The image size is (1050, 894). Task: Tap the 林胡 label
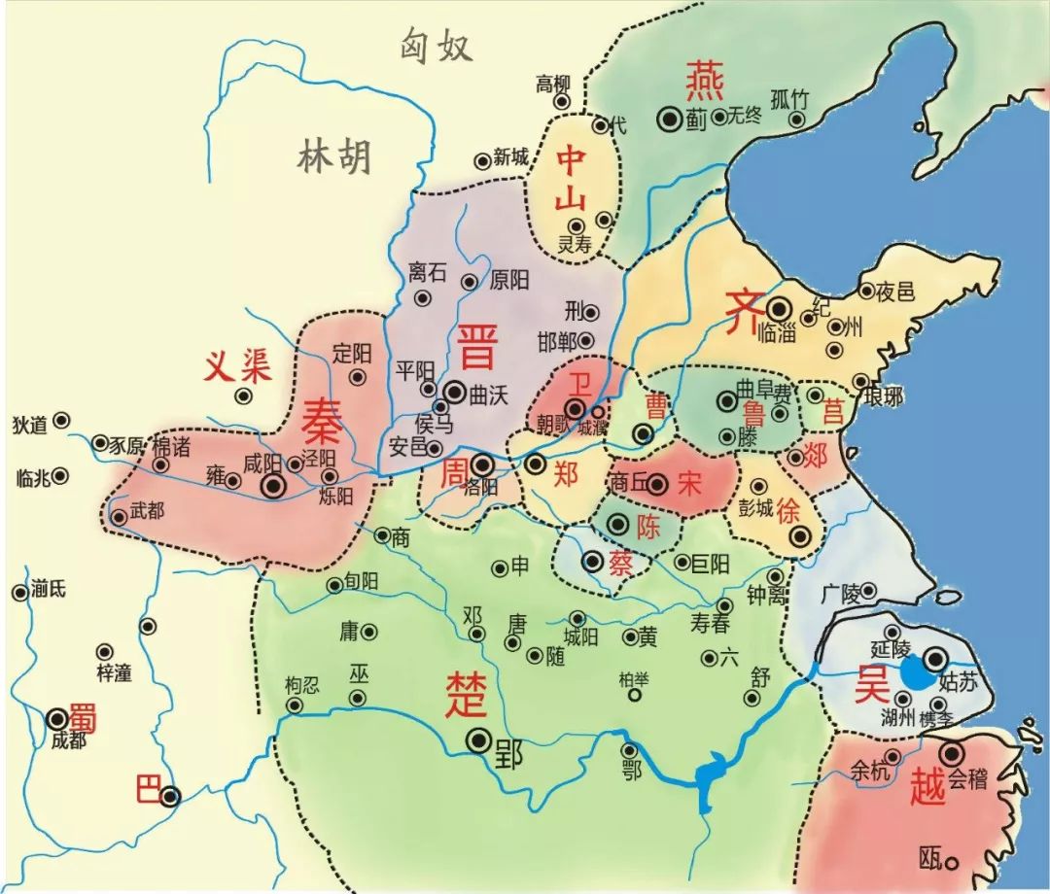(x=333, y=155)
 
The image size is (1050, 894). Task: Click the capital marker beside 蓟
(x=670, y=118)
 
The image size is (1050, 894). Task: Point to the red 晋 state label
(x=476, y=347)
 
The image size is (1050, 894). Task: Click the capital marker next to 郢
(x=478, y=740)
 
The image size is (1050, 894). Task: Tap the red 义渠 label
(x=237, y=366)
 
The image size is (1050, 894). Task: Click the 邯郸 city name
(x=556, y=341)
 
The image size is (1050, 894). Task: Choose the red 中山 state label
(x=570, y=180)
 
